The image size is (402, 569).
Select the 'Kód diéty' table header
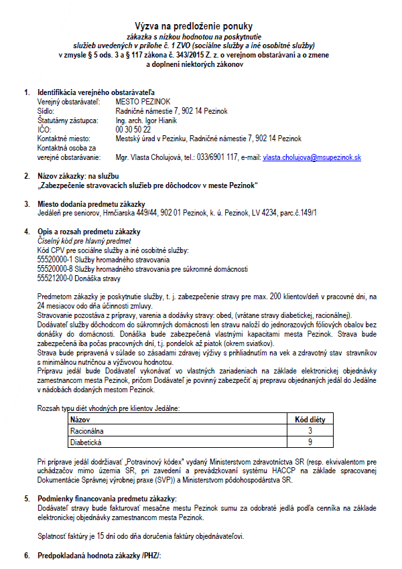(x=310, y=420)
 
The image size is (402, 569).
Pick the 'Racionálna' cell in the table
(x=88, y=431)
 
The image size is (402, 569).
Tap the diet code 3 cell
(x=310, y=431)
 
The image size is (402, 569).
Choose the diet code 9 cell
(x=310, y=442)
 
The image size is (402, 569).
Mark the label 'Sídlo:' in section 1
(x=46, y=110)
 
